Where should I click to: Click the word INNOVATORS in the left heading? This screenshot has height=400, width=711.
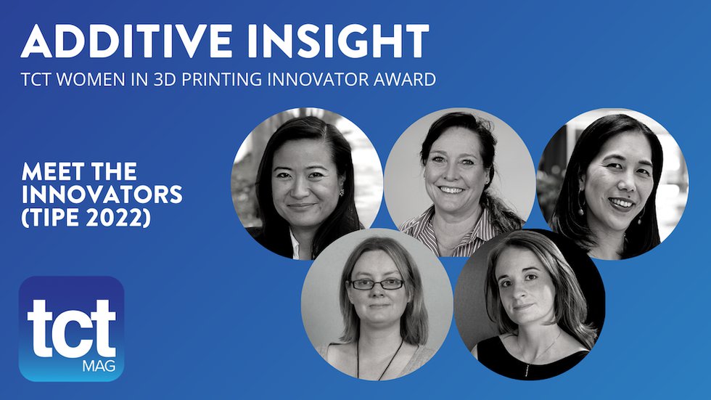click(x=102, y=195)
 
